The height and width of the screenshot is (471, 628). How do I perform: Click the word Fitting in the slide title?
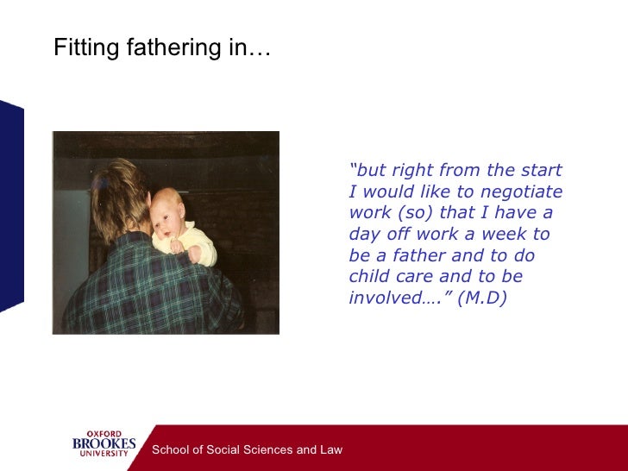click(x=82, y=49)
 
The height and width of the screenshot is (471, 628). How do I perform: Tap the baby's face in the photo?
click(x=166, y=216)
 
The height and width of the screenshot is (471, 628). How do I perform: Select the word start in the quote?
click(x=542, y=170)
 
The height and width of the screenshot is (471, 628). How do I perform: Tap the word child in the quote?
click(x=368, y=278)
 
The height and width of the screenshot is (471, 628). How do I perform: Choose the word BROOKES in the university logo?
click(x=104, y=444)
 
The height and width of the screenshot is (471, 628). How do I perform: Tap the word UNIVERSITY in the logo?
click(x=104, y=455)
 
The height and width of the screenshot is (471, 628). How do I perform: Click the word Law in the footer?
click(x=331, y=449)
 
